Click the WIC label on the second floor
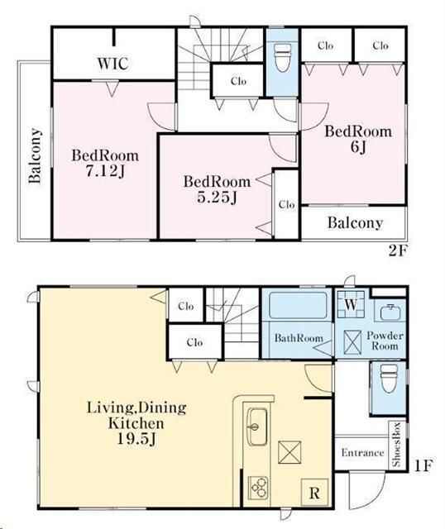pos(112,64)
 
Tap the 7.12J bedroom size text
pos(104,171)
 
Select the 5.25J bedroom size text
pos(217,198)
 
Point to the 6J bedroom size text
pos(359,147)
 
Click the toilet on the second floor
pos(282,57)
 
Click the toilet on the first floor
pos(389,378)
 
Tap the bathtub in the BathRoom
pos(298,305)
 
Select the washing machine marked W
pos(351,304)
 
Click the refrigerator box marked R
pos(314,493)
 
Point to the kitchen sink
pos(257,427)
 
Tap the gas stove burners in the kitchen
pos(258,488)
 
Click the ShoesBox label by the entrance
pos(396,445)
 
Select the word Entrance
pos(362,452)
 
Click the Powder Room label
pos(385,341)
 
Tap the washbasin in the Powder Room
pos(390,312)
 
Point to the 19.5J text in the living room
pos(136,439)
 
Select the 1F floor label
pos(423,466)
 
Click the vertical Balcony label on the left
pos(35,155)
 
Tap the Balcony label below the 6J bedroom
pos(355,223)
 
